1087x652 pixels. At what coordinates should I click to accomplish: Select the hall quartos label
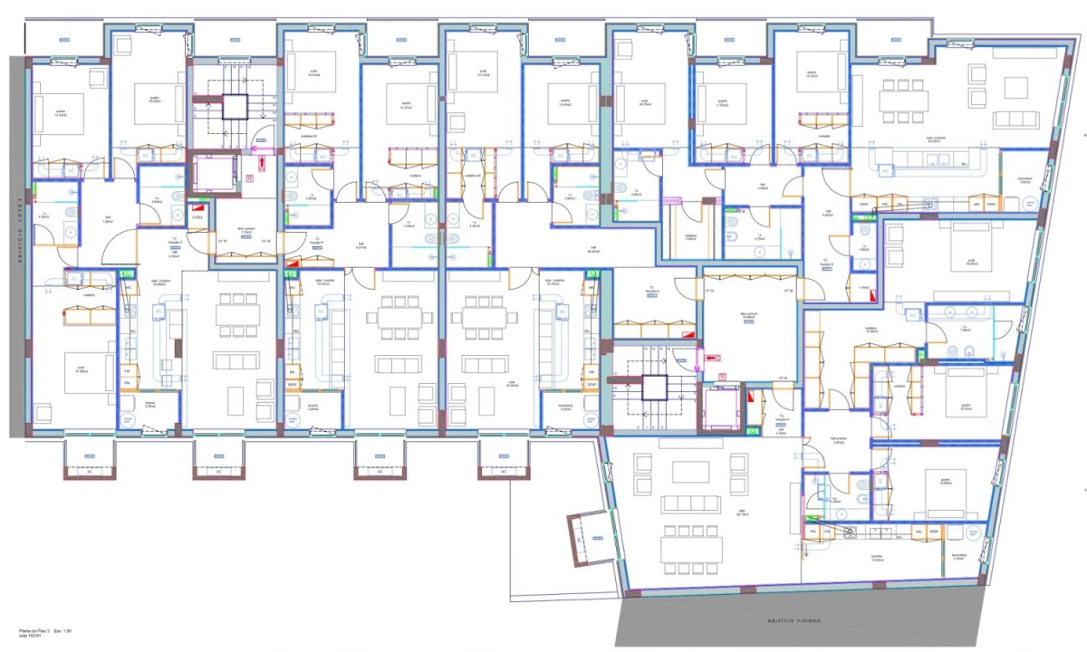[838, 442]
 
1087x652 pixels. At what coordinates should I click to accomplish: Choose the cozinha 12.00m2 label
[876, 558]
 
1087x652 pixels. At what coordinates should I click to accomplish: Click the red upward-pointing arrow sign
[261, 164]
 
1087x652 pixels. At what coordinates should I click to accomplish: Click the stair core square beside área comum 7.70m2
[235, 106]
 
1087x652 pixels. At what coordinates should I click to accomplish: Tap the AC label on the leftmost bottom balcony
[89, 471]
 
